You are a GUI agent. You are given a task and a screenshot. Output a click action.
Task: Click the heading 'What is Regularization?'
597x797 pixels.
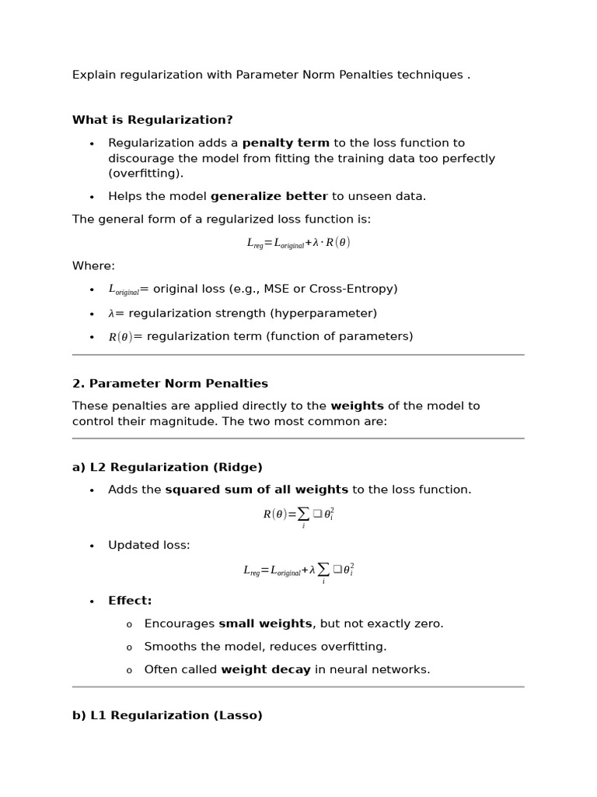152,120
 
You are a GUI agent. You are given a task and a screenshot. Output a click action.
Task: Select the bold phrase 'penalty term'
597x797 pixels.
285,143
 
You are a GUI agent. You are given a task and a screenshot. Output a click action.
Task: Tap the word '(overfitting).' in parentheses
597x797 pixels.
145,174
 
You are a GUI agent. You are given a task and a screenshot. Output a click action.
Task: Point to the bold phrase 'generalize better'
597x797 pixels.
269,196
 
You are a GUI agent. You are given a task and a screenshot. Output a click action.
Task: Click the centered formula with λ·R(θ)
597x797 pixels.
298,243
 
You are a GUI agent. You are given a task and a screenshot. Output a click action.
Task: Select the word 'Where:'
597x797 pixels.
93,266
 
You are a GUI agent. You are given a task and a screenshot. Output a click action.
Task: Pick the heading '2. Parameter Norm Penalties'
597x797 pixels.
170,384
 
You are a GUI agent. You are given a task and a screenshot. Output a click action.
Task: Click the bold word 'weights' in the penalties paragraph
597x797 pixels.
357,406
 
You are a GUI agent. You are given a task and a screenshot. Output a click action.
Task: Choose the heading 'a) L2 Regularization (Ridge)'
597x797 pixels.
167,468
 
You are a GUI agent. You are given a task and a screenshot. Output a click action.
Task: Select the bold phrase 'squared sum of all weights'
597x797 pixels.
257,490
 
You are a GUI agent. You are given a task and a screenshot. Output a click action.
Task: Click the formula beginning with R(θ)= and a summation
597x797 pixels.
298,515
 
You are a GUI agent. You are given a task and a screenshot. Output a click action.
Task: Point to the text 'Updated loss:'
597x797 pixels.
148,546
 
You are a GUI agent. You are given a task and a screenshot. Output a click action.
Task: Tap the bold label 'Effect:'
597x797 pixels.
130,601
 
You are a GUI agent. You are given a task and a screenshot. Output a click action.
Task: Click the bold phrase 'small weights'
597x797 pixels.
265,624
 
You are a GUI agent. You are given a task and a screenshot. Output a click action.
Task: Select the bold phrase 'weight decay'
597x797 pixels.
266,669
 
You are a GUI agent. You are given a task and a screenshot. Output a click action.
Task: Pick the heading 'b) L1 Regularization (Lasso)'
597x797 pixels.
167,715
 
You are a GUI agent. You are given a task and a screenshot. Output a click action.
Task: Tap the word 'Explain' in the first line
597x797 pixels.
93,75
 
